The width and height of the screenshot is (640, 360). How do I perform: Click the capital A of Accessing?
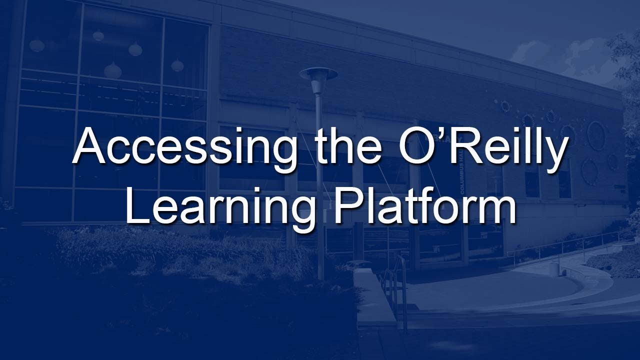[x=90, y=145]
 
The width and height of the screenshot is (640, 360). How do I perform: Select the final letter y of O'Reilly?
[x=555, y=152]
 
